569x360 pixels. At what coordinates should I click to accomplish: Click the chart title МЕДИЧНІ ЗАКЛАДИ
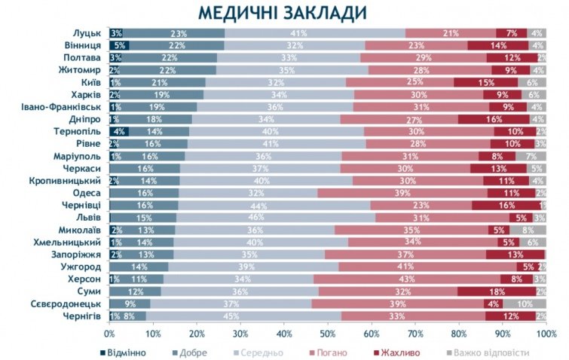283,13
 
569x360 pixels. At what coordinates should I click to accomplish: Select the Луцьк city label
87,33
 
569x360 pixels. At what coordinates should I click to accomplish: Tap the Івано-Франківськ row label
61,107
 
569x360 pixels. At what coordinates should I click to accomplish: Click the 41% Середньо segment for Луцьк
314,33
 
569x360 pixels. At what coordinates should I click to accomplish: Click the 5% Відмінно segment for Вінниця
119,45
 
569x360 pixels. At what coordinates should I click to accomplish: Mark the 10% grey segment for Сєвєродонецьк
524,304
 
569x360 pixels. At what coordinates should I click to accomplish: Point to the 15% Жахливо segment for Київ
486,82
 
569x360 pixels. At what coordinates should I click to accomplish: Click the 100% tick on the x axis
546,333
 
